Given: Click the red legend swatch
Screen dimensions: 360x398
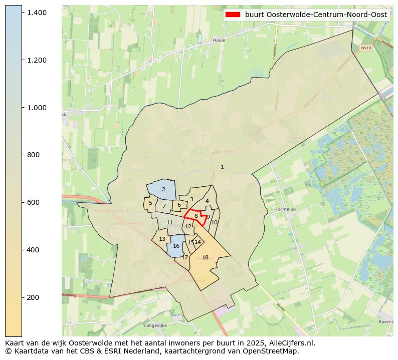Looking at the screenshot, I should point(233,15).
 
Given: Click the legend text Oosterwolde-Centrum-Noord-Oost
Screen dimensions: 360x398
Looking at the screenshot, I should point(316,15).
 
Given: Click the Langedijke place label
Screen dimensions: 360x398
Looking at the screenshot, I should point(155,325).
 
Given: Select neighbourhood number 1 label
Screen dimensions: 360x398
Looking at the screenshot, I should point(222,167).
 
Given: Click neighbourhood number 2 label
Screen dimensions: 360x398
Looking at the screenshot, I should point(163,189).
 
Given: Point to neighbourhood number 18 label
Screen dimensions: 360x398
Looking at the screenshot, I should point(205,257).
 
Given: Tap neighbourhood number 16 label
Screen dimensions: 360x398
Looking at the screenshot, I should point(176,246).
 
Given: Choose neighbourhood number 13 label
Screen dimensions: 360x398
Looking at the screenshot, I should point(162,239).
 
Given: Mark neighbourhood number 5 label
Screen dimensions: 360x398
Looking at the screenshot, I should point(150,203).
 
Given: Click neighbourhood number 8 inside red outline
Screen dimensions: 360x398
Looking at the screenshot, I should point(196,216).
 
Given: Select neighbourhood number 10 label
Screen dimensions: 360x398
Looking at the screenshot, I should point(215,222).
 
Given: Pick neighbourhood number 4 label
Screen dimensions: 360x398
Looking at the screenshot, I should point(207,201).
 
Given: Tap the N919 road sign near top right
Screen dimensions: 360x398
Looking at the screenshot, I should point(365,49).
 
